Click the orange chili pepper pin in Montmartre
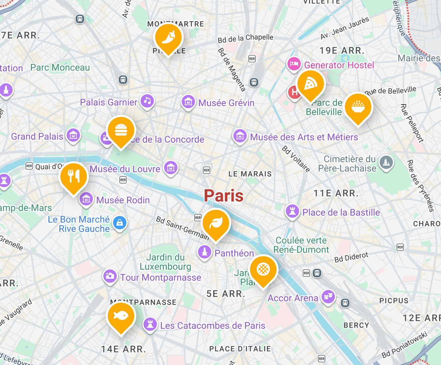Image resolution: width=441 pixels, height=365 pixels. pos(168,38)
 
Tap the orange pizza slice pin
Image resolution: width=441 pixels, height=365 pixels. pos(310,84)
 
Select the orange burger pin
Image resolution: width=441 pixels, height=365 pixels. pos(121,130)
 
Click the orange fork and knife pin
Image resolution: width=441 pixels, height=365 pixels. pos(73,177)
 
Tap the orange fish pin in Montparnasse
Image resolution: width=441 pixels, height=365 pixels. pos(121,316)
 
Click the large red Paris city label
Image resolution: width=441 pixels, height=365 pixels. pos(223,195)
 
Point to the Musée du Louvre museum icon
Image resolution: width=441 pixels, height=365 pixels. pos(171,168)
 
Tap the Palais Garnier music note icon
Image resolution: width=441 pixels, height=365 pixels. pos(147,101)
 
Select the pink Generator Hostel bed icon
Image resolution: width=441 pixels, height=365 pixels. pos(294,64)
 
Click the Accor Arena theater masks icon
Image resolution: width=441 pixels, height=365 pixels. pos(328,297)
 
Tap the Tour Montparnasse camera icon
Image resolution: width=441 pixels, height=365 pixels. pos(110,276)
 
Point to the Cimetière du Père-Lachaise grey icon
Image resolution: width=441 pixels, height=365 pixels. pos(386,163)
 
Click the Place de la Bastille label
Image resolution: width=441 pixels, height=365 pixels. pos(341,212)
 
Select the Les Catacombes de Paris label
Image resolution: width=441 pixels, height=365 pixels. pos(213,326)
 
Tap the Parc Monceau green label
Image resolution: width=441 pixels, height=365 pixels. pos(60,67)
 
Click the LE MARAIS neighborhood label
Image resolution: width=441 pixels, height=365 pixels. pos(250,174)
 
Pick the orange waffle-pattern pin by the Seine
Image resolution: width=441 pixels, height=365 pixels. pos(263,269)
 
